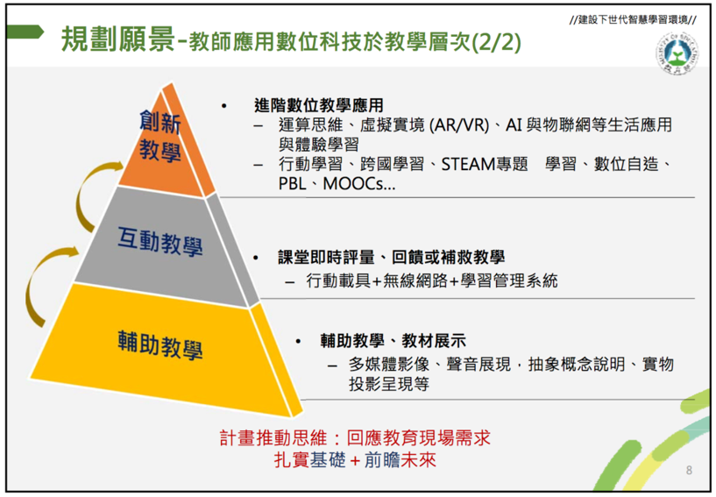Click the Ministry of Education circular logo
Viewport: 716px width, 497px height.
click(677, 54)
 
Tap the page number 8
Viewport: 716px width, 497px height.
click(689, 470)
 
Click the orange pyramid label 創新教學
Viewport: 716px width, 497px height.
click(160, 136)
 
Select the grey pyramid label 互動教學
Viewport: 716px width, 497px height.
click(160, 241)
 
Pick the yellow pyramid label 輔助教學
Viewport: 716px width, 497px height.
click(160, 344)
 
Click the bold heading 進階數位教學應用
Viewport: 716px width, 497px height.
click(319, 105)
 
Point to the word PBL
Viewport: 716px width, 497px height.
click(292, 183)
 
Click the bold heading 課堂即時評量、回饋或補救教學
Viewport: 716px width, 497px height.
click(392, 257)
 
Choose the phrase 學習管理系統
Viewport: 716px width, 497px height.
click(509, 280)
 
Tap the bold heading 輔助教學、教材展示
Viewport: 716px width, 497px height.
click(393, 341)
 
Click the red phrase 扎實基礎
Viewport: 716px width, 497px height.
click(309, 459)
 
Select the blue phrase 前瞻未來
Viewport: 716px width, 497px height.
click(400, 459)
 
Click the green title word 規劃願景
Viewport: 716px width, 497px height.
click(117, 39)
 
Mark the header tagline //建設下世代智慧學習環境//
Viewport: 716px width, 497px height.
click(633, 19)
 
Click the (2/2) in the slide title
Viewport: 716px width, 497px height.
click(496, 42)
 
